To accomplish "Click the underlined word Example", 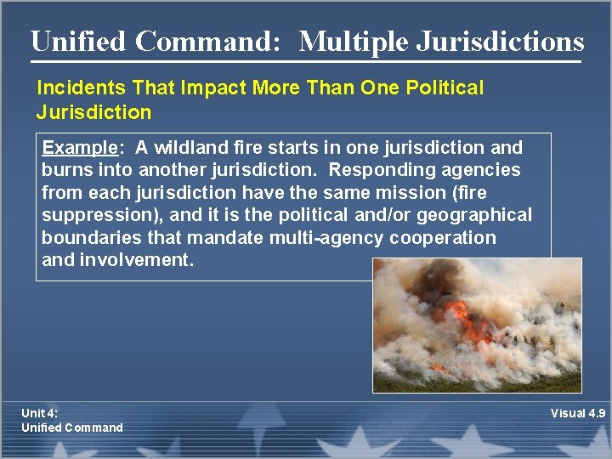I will [77, 148].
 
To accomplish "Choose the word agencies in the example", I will [480, 171].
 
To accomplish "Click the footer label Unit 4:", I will [40, 413].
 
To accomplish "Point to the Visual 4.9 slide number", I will [577, 413].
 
